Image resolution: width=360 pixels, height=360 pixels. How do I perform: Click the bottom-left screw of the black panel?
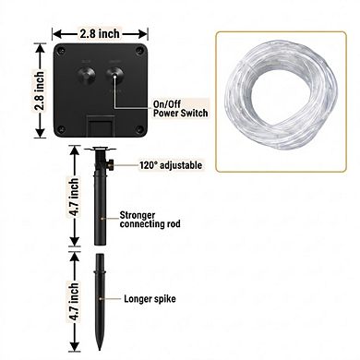pyautogui.click(x=61, y=129)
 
